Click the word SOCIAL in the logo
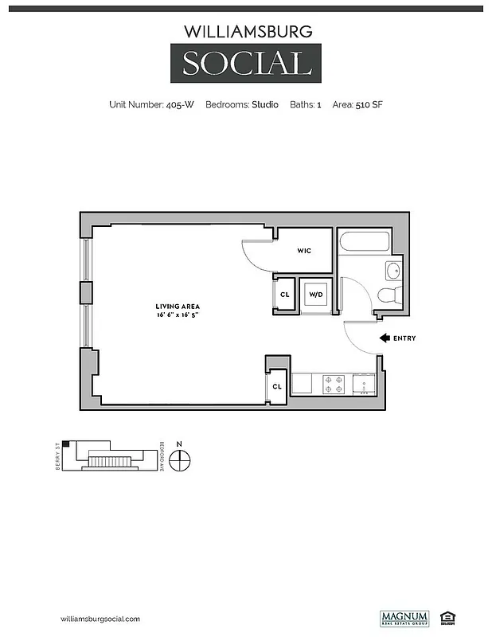246,63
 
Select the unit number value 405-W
179,104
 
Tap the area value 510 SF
369,104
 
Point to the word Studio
265,104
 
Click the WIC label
303,251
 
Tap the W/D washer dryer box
316,295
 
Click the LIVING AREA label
177,307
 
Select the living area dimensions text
177,315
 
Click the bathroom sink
394,271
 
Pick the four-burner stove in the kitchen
334,385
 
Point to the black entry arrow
385,338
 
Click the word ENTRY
404,338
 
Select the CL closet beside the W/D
285,295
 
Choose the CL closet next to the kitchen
277,386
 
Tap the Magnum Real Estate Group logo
404,618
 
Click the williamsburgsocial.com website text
100,619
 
